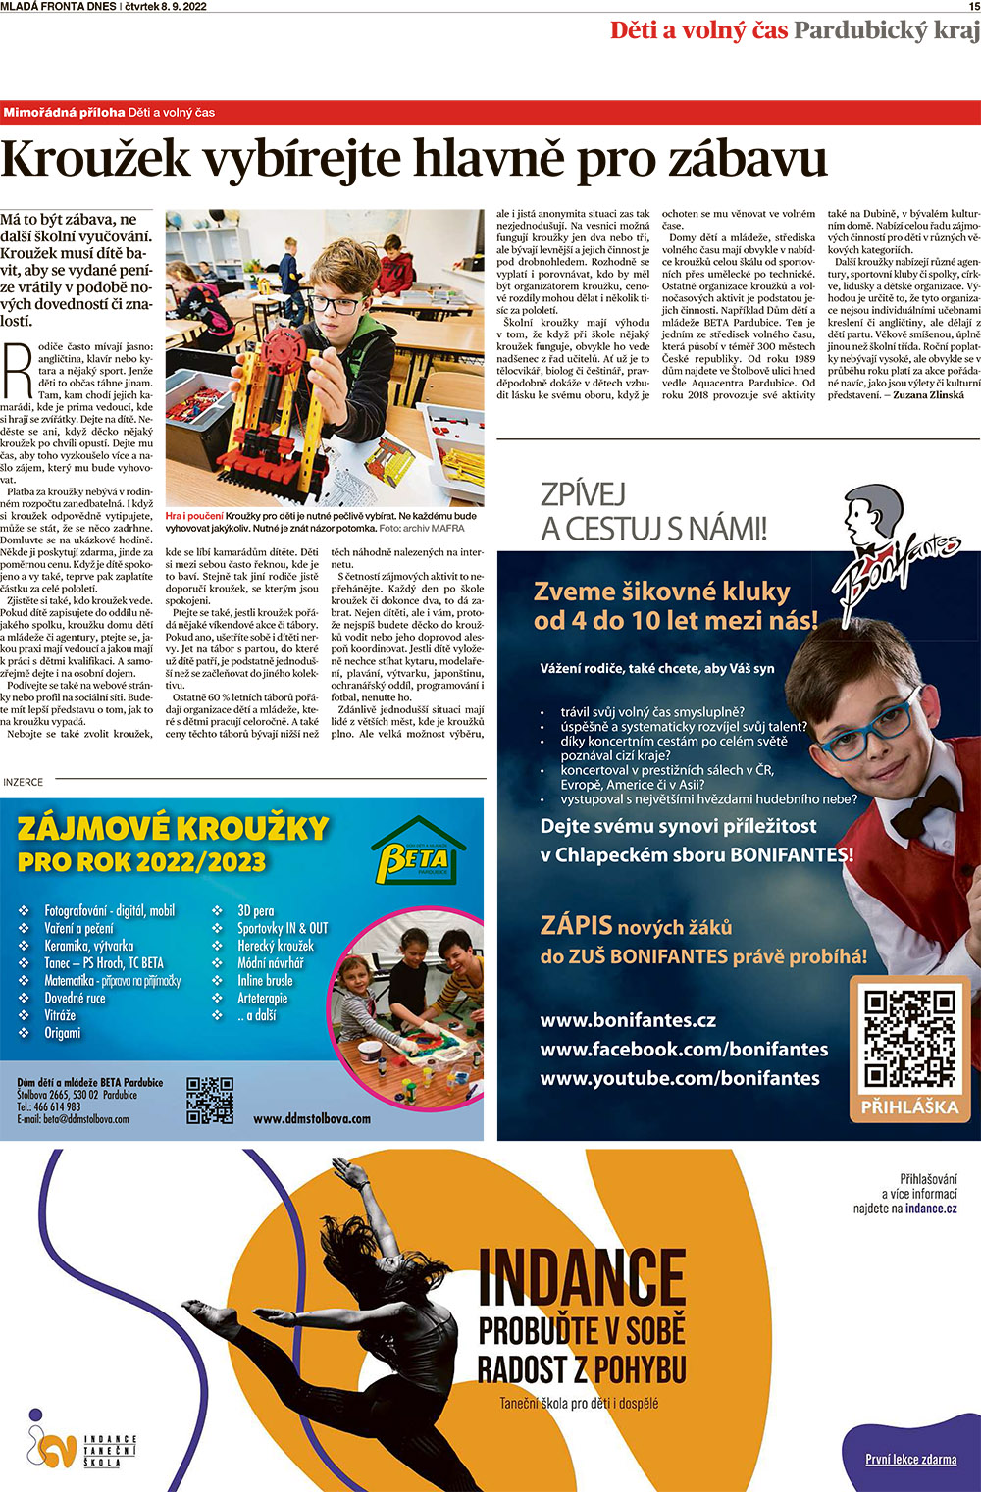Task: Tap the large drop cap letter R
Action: (x=19, y=371)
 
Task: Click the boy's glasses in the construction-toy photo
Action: (x=335, y=305)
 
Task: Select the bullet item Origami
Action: (x=63, y=1033)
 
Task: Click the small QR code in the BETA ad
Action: (x=210, y=1100)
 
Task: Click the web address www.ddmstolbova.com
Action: (x=312, y=1118)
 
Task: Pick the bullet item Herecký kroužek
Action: (x=276, y=946)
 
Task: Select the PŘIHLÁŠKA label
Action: (x=909, y=1107)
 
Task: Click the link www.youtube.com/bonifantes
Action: (x=680, y=1078)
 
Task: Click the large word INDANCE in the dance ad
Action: (x=582, y=1280)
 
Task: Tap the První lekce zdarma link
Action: (x=911, y=1460)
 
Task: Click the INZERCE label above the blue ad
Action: (x=24, y=782)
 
